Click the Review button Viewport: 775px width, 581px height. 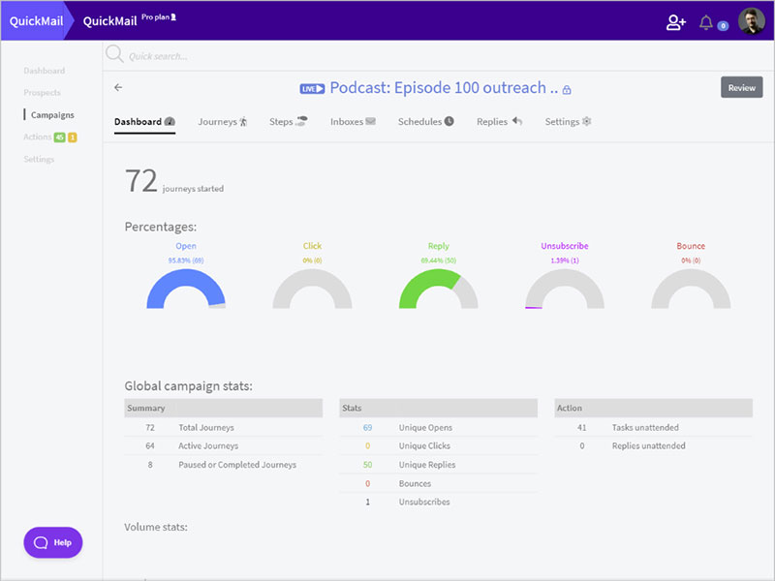click(x=741, y=87)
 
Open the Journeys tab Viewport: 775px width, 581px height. click(x=223, y=122)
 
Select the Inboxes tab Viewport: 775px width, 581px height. click(x=353, y=122)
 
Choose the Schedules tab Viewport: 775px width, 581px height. click(x=425, y=122)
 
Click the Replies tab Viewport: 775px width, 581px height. click(x=499, y=122)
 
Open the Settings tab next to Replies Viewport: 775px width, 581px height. click(x=568, y=122)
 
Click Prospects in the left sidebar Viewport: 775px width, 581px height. click(x=43, y=93)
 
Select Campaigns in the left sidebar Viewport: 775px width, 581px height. click(x=52, y=115)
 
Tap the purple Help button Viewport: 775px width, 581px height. click(x=53, y=542)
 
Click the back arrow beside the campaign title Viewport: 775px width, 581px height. click(x=118, y=87)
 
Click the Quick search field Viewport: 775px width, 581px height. click(x=291, y=56)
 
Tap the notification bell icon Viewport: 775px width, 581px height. click(x=706, y=22)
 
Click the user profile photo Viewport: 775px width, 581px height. click(x=751, y=21)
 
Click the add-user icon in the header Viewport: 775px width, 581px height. click(x=676, y=22)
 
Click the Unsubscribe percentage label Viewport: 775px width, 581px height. click(x=564, y=246)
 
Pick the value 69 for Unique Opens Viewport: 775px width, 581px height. click(x=368, y=427)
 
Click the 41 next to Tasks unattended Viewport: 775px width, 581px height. click(x=581, y=427)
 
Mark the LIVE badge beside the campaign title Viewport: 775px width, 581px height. click(x=312, y=88)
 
